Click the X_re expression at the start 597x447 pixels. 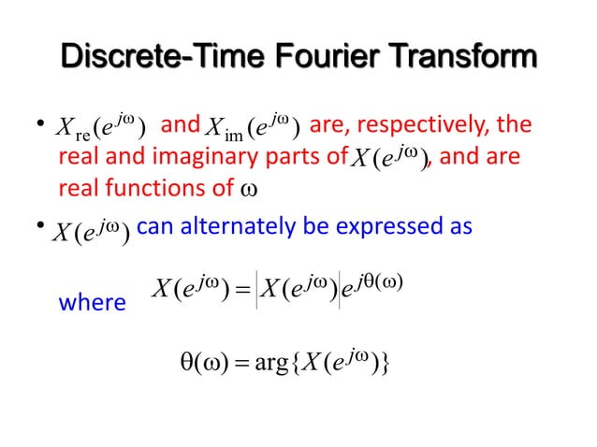[98, 124]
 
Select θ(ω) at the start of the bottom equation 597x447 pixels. [199, 361]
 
